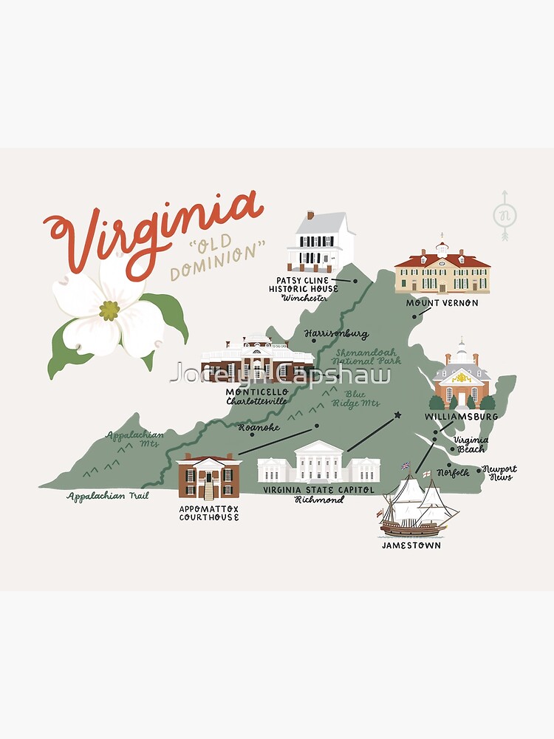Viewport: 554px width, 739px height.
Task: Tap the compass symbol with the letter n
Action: pyautogui.click(x=505, y=216)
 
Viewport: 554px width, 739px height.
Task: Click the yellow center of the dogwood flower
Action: pyautogui.click(x=109, y=310)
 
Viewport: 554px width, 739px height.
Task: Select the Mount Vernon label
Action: pyautogui.click(x=442, y=303)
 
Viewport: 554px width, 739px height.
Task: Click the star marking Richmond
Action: pyautogui.click(x=398, y=415)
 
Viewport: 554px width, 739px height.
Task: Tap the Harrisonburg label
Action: pyautogui.click(x=336, y=334)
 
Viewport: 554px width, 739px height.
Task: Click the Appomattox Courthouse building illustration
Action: pyautogui.click(x=209, y=477)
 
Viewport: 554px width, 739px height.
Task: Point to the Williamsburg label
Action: pyautogui.click(x=461, y=417)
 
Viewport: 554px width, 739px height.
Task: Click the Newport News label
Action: pyautogui.click(x=499, y=473)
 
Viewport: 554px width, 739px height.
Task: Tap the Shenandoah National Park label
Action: pyautogui.click(x=368, y=357)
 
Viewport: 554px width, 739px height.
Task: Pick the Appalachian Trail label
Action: pyautogui.click(x=107, y=497)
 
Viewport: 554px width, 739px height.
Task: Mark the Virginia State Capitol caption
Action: pyautogui.click(x=319, y=490)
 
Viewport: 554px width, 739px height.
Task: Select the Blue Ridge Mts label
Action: pyautogui.click(x=360, y=398)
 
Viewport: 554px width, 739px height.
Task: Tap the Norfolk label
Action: pyautogui.click(x=452, y=472)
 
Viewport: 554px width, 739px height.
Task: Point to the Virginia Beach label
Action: pyautogui.click(x=471, y=444)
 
